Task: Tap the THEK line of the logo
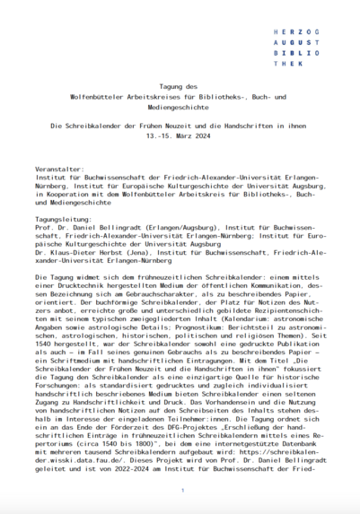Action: pyautogui.click(x=289, y=65)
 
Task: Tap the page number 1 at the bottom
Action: pyautogui.click(x=180, y=491)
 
